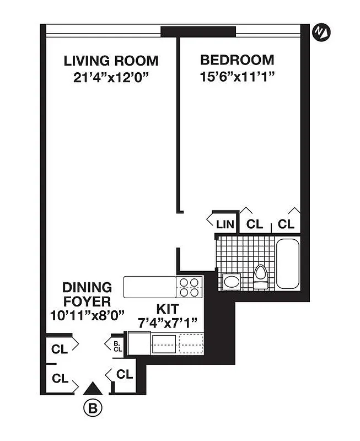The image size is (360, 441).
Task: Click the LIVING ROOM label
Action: [111, 61]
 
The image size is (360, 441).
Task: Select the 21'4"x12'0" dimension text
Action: [111, 77]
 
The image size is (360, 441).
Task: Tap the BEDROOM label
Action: [237, 60]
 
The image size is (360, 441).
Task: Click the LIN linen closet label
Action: [225, 224]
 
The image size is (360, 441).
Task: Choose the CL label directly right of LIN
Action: [254, 224]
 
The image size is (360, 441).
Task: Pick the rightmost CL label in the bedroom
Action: [286, 224]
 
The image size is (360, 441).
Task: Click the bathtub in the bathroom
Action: [287, 263]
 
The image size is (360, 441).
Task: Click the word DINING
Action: [87, 287]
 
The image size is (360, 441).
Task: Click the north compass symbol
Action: [320, 33]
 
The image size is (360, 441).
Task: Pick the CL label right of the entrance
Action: [125, 375]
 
